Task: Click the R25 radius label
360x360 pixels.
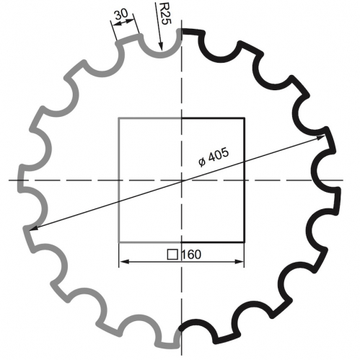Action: [165, 14]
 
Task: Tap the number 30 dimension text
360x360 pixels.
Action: [121, 14]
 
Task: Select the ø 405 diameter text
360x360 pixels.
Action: [214, 157]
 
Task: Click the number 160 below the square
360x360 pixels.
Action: [191, 255]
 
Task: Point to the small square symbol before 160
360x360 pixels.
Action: [172, 255]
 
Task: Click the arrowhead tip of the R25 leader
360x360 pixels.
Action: [162, 51]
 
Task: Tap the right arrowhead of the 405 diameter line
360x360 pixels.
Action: [325, 136]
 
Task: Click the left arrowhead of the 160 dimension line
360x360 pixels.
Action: [120, 262]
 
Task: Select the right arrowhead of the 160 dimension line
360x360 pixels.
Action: [244, 262]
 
